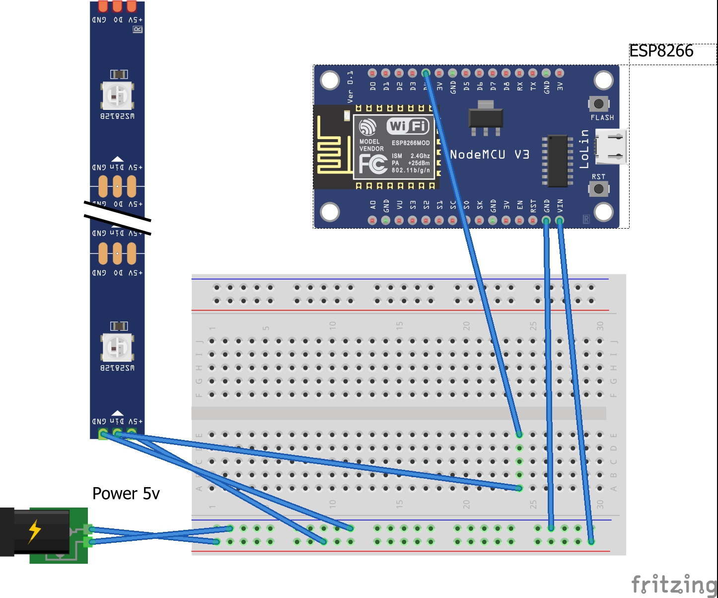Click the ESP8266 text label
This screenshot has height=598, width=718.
[661, 51]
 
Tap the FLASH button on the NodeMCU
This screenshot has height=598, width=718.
[598, 104]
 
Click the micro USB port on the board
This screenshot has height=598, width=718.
[611, 147]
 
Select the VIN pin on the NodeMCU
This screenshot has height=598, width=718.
[560, 220]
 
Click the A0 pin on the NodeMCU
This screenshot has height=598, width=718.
[372, 220]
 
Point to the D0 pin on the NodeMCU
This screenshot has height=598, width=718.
[372, 73]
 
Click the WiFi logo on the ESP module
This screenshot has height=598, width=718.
[408, 126]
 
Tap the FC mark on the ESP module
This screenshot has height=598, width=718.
[373, 164]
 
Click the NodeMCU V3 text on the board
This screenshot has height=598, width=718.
[489, 155]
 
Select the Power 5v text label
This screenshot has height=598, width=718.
[126, 494]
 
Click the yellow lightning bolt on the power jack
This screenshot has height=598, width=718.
[34, 531]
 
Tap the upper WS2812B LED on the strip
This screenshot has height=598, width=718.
[118, 95]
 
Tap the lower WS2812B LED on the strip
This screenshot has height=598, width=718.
[118, 347]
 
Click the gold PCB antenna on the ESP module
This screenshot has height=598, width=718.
[330, 147]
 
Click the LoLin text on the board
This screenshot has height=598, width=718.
[584, 149]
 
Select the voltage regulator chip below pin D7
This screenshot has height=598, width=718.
[486, 117]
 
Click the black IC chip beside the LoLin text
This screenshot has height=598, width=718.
[557, 160]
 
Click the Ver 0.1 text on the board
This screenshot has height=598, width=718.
[350, 86]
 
